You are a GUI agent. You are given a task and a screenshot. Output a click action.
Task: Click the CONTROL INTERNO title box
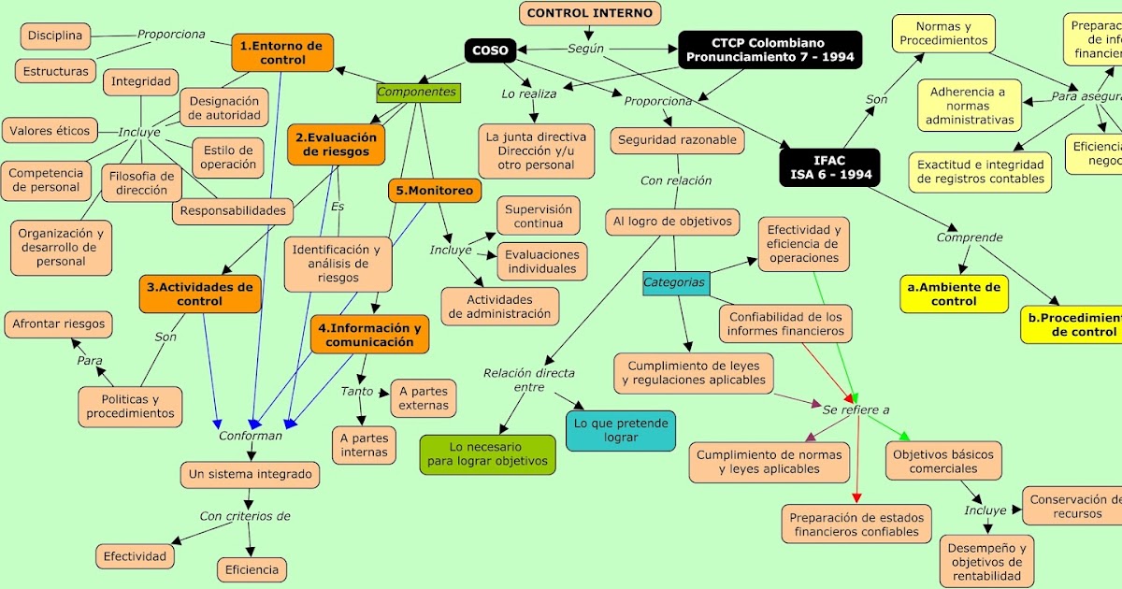tap(591, 13)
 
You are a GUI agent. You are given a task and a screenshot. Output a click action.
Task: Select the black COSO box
tap(491, 50)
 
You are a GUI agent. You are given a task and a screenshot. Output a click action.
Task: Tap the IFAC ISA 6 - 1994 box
tap(829, 167)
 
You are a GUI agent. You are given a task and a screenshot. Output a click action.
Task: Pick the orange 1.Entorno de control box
tap(281, 52)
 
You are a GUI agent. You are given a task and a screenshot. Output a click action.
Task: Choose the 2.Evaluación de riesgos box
tap(335, 145)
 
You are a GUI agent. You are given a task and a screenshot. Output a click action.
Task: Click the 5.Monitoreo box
tap(435, 191)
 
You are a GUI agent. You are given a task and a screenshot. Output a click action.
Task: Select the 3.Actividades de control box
tap(200, 294)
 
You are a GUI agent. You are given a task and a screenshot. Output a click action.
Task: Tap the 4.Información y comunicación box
tap(369, 335)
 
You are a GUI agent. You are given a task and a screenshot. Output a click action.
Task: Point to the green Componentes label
tap(418, 92)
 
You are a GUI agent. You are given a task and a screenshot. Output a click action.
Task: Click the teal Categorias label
tap(674, 282)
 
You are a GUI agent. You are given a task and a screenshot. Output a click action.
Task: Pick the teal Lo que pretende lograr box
tap(620, 430)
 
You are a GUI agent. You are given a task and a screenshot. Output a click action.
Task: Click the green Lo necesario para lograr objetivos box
tap(487, 454)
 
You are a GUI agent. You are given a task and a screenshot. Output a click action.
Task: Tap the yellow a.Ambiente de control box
tap(954, 294)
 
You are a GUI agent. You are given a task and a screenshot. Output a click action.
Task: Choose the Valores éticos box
tap(50, 131)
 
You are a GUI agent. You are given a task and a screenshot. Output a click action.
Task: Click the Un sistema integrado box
tap(250, 474)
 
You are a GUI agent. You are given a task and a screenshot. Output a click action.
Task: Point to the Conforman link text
tap(250, 436)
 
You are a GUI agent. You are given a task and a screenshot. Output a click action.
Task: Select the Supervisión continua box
tap(539, 216)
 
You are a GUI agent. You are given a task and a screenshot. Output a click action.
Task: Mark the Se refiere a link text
tap(856, 409)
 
